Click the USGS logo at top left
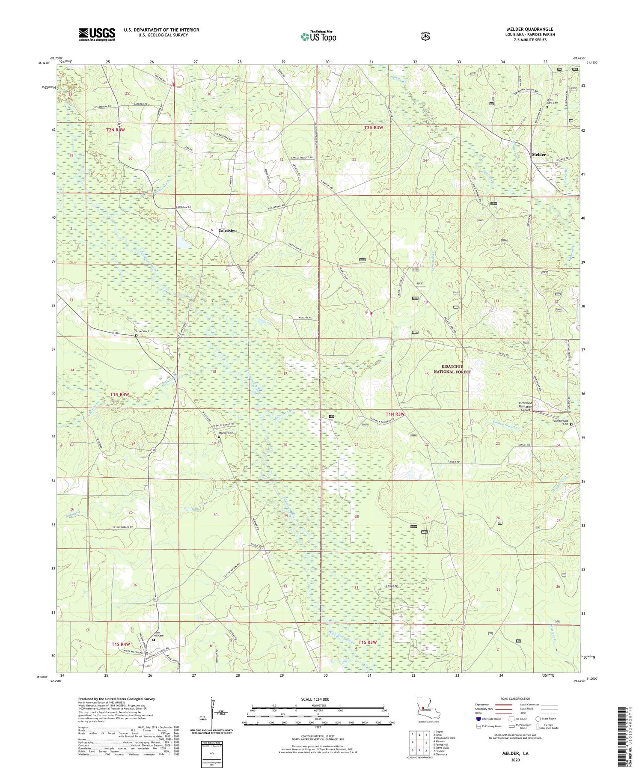97,34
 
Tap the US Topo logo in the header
318,36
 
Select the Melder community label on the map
538,155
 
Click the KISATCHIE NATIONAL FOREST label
456,369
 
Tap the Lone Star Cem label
144,331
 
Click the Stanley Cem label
226,433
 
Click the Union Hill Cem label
159,635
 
